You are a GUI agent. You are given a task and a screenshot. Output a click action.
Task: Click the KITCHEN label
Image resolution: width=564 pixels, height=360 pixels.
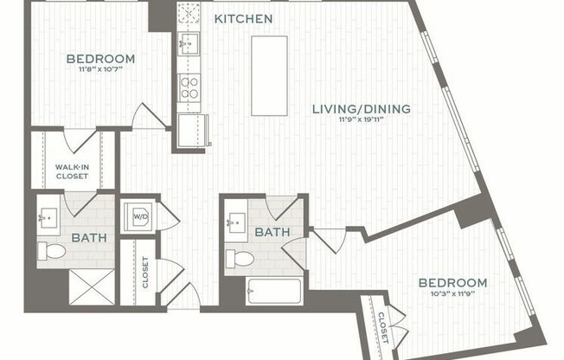[243, 18]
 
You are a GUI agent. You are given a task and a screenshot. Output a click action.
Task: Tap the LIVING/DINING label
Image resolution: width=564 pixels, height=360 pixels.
[362, 109]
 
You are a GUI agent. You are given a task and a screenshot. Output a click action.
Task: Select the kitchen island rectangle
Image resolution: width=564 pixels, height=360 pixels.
[269, 75]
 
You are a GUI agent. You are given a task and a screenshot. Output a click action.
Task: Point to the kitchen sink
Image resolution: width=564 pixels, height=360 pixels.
[189, 44]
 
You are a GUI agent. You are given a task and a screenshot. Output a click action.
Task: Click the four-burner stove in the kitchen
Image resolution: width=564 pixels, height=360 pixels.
[189, 87]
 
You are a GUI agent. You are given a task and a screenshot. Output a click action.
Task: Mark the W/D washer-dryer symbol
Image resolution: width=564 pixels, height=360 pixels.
[138, 215]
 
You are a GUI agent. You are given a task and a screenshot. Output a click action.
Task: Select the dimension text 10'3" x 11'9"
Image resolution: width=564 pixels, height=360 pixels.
[452, 295]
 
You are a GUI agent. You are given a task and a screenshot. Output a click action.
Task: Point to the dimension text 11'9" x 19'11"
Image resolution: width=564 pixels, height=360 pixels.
[362, 121]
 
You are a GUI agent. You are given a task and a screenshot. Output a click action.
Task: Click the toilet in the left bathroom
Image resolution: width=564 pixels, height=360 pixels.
[53, 251]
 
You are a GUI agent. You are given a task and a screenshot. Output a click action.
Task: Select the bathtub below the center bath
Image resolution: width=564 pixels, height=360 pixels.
[273, 291]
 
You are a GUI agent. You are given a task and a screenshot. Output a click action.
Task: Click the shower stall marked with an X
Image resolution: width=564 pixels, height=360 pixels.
[92, 286]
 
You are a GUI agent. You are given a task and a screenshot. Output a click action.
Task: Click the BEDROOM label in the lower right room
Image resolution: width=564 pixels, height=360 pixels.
[452, 283]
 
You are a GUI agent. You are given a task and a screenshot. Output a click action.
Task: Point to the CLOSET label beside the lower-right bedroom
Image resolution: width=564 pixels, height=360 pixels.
[383, 327]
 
